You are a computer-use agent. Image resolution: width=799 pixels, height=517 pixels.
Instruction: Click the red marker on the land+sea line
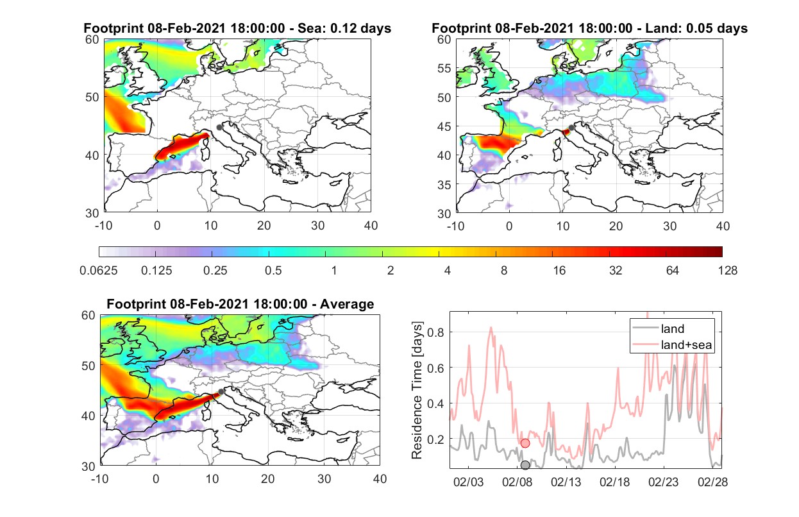coord(525,443)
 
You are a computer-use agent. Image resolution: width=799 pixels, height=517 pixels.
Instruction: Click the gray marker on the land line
coord(525,465)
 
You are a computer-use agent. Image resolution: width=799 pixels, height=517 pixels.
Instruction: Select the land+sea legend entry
coord(672,344)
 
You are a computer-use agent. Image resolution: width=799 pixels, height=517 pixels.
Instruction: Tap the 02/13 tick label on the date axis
coord(566,482)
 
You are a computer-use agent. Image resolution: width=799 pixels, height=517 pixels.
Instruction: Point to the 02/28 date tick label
coord(712,482)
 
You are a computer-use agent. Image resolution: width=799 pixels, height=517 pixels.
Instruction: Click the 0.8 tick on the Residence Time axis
coord(435,333)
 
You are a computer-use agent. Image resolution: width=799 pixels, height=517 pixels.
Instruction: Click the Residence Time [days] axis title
coord(417,391)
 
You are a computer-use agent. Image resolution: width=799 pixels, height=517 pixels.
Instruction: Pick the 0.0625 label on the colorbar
coord(99,271)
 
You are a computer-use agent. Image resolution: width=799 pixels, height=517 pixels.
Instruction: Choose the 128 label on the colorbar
coord(728,271)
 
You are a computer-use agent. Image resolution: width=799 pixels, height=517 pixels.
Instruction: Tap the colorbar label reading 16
coord(559,271)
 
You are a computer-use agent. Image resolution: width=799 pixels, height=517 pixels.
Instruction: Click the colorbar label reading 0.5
coord(273,271)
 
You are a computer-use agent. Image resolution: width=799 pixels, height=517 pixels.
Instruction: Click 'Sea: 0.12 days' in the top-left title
coord(344,28)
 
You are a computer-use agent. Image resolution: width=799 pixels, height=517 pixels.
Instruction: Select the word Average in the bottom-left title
coord(347,304)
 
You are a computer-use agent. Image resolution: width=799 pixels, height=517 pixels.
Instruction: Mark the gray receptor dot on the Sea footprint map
coord(219,128)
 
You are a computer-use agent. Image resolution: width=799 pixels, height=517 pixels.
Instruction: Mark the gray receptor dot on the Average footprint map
coord(221,392)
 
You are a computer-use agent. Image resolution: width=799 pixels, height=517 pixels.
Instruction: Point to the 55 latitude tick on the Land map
coord(444,68)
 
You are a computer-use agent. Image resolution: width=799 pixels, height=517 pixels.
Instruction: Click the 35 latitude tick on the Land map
coord(444,185)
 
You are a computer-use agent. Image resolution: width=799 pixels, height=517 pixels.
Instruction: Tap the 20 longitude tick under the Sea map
coord(264,226)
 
